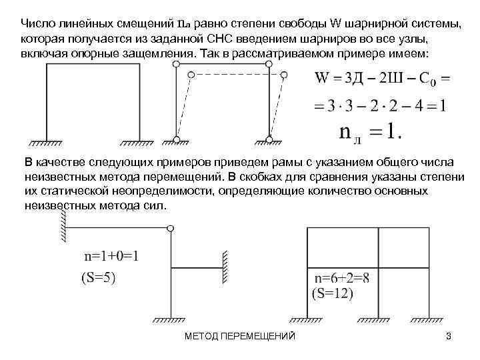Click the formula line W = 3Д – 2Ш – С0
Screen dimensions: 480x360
click(383, 78)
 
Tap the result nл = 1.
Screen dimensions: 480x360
click(370, 131)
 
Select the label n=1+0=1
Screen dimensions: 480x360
click(111, 256)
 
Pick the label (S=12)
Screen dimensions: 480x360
click(333, 294)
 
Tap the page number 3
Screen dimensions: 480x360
click(449, 337)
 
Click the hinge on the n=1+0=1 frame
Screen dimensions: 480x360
click(171, 228)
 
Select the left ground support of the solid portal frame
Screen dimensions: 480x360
click(46, 143)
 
